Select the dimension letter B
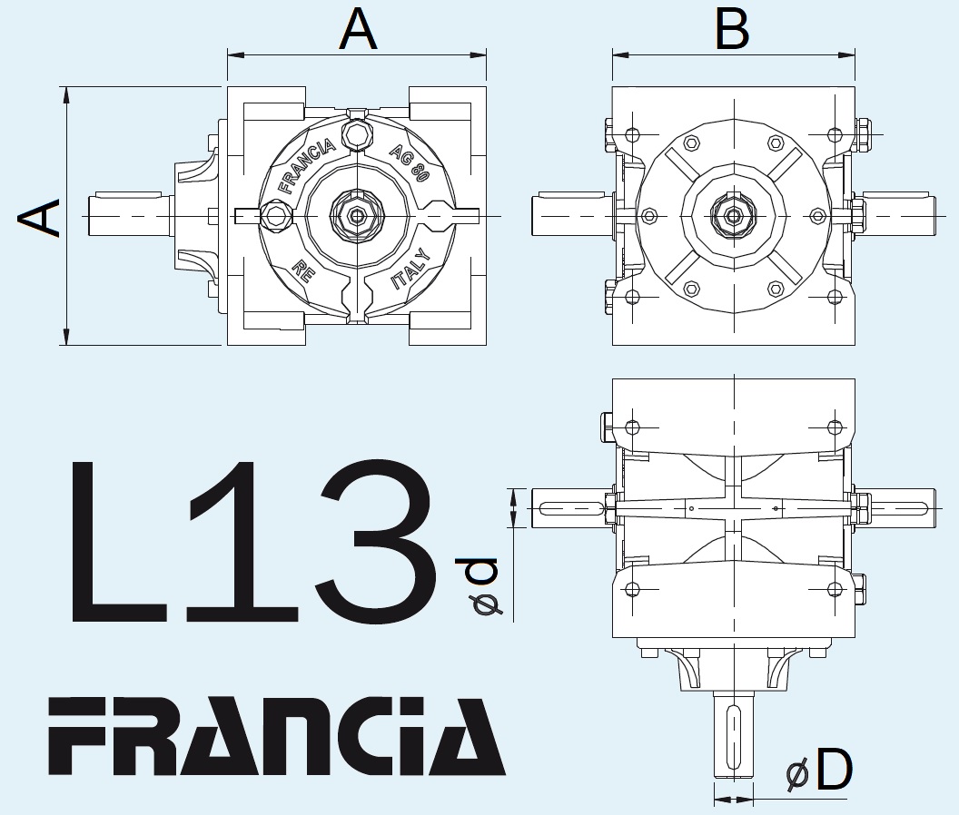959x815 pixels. click(732, 30)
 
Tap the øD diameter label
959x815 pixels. click(818, 771)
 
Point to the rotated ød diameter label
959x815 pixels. click(481, 588)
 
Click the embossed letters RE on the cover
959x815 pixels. click(302, 270)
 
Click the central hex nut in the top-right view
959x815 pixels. click(733, 216)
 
